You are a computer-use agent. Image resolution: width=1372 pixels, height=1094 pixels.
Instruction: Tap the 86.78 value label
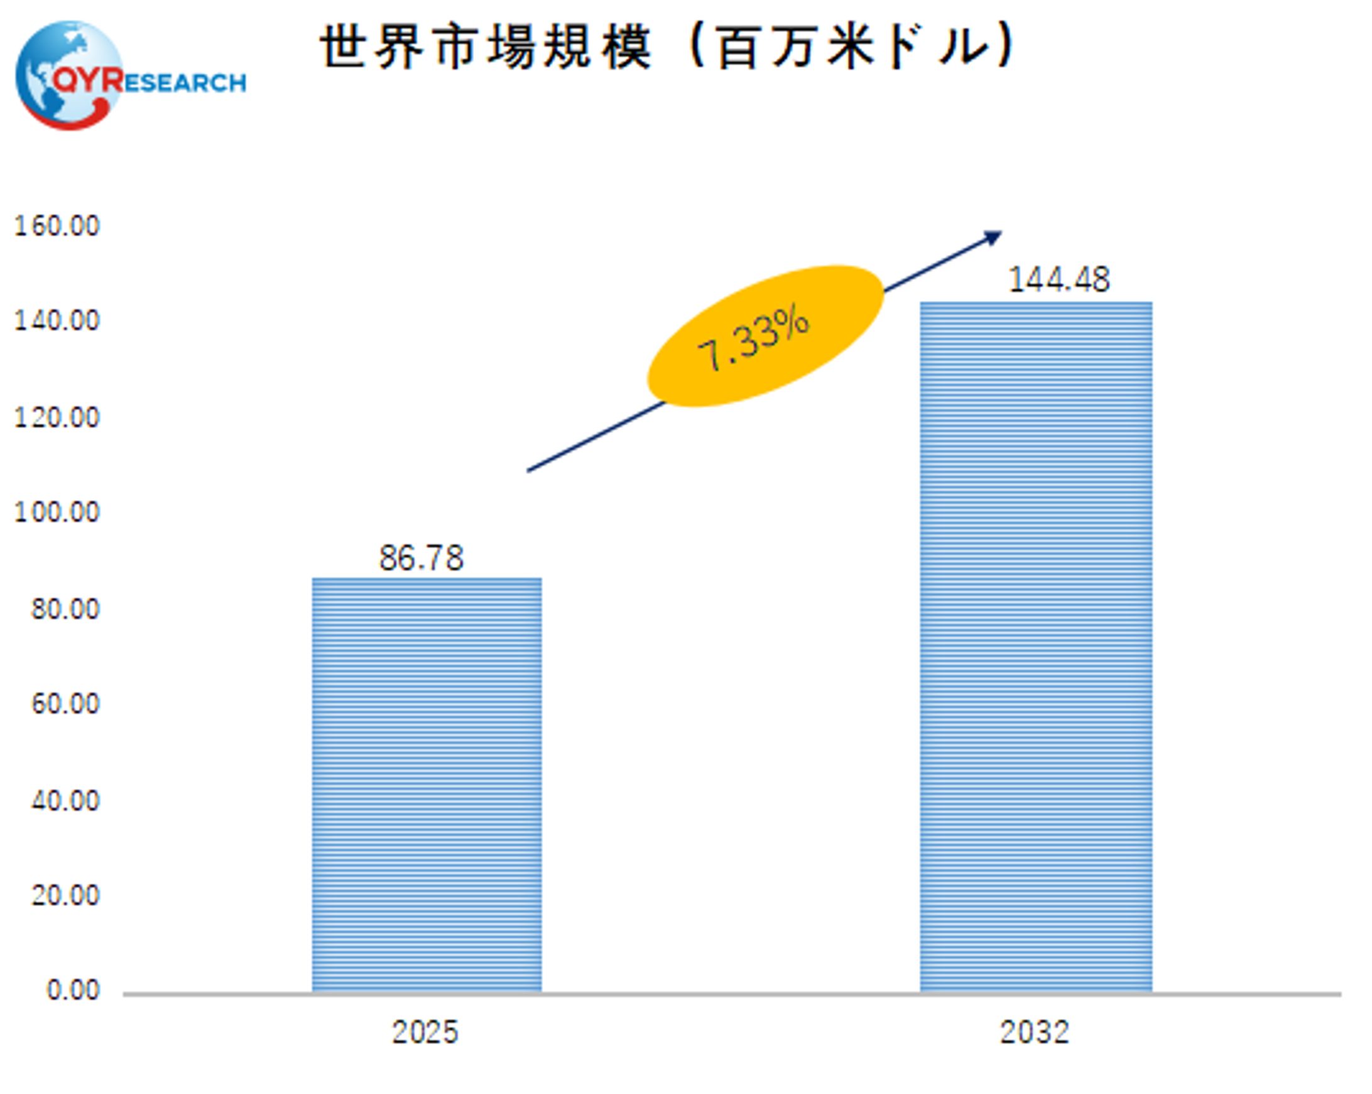coord(422,558)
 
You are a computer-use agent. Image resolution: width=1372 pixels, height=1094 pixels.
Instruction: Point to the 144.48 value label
coord(1059,280)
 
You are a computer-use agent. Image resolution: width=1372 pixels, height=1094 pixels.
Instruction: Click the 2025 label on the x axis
coord(425,1032)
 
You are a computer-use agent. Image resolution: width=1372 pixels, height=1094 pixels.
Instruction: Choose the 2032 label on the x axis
coord(1034,1032)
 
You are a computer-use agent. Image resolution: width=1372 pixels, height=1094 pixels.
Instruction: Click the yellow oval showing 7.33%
coord(766,336)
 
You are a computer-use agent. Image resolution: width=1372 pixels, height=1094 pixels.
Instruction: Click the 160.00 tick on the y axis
coord(57,226)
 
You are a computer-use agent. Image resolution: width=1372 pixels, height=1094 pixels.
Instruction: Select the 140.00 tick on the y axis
coord(57,320)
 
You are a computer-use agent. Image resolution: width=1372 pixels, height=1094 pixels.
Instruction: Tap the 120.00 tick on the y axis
coord(57,417)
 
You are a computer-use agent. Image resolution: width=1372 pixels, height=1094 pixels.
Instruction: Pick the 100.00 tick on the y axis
coord(57,511)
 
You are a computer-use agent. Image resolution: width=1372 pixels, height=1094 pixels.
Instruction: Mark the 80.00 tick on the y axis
coord(65,609)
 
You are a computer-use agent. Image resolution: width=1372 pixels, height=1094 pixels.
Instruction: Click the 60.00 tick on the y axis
coord(65,703)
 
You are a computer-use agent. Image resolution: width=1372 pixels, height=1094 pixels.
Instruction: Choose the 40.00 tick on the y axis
coord(65,801)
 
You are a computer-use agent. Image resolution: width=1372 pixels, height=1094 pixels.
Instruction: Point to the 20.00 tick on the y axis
coord(65,895)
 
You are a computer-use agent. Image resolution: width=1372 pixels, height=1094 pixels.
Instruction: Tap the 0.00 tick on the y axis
coord(73,990)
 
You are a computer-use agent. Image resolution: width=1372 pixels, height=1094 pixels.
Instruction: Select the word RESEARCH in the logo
coord(185,83)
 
